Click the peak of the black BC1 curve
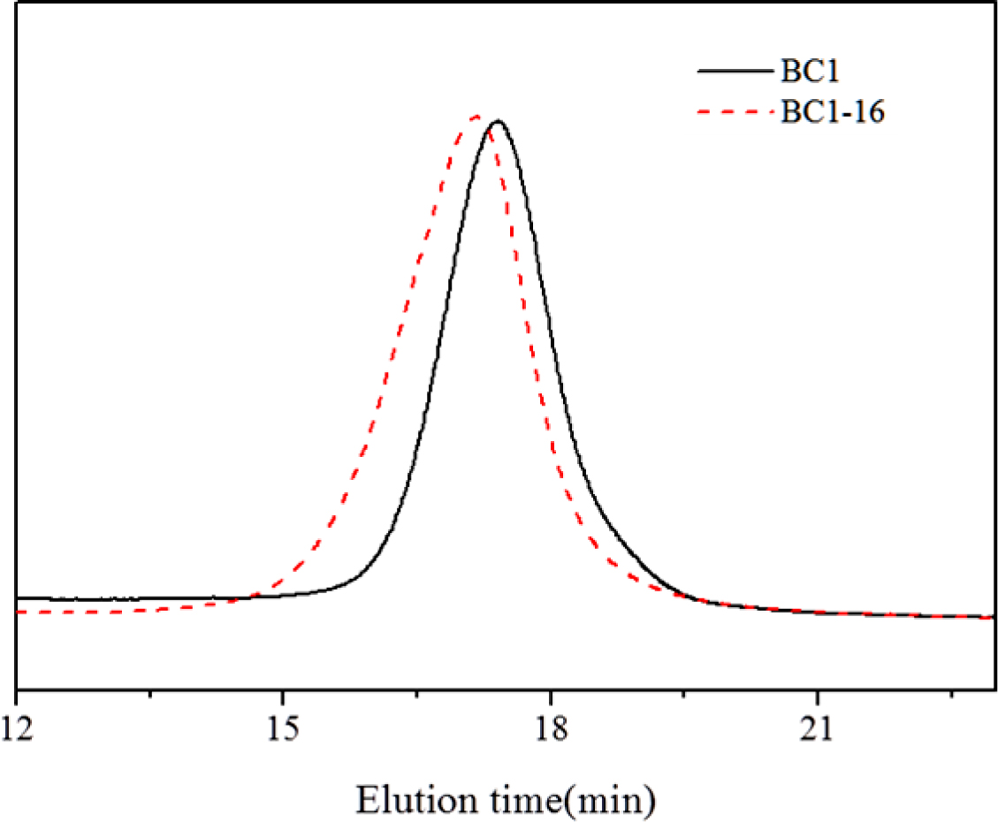click(x=497, y=121)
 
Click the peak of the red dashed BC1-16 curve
click(x=476, y=116)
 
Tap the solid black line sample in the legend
click(x=734, y=69)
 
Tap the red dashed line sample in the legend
click(x=734, y=112)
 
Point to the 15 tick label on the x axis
click(x=282, y=714)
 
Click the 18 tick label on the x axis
click(x=551, y=714)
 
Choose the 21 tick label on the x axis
click(x=818, y=714)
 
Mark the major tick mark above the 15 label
click(x=282, y=682)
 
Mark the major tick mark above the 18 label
click(x=551, y=682)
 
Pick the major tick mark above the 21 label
click(x=818, y=682)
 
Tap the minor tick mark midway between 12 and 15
click(x=150, y=686)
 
